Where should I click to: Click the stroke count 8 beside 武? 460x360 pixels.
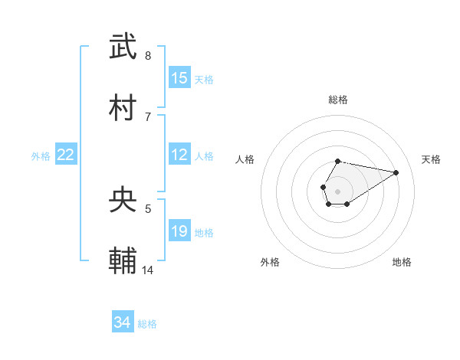pyautogui.click(x=147, y=56)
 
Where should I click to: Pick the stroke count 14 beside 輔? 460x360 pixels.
pyautogui.click(x=148, y=269)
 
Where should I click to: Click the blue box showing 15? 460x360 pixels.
pyautogui.click(x=179, y=78)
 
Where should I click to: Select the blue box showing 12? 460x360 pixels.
pyautogui.click(x=179, y=155)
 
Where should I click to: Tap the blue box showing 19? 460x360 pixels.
pyautogui.click(x=179, y=231)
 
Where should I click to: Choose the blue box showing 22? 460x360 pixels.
pyautogui.click(x=66, y=155)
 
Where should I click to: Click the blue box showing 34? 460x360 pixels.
pyautogui.click(x=123, y=322)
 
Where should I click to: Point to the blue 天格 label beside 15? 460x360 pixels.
pyautogui.click(x=204, y=80)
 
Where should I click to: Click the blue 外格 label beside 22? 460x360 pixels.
pyautogui.click(x=41, y=156)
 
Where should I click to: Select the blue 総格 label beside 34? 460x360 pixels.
pyautogui.click(x=147, y=324)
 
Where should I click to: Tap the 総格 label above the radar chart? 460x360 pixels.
pyautogui.click(x=338, y=100)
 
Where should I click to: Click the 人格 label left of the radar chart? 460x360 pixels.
pyautogui.click(x=245, y=159)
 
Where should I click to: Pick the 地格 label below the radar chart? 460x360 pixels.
pyautogui.click(x=402, y=262)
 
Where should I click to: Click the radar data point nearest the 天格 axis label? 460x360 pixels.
pyautogui.click(x=396, y=172)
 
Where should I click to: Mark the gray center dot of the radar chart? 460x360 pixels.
pyautogui.click(x=337, y=190)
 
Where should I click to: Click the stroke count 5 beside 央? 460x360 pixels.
pyautogui.click(x=148, y=208)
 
